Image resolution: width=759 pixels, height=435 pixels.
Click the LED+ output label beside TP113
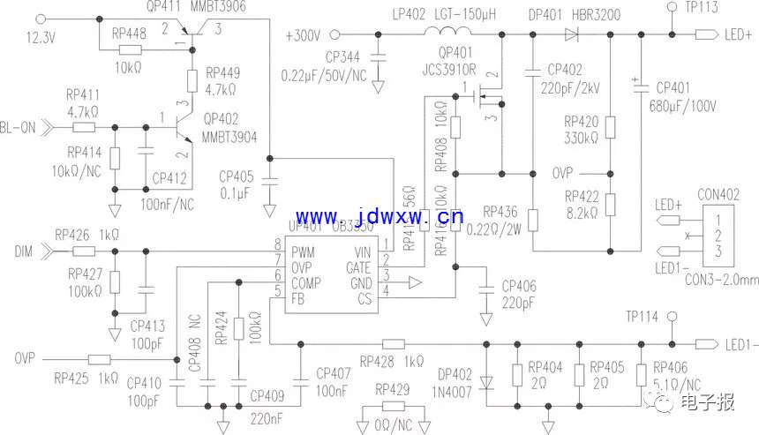point(738,35)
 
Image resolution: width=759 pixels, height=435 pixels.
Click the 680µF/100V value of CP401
point(686,106)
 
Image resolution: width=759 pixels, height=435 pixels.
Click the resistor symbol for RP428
point(394,343)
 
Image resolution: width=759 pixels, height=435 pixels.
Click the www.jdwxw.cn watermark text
point(379,218)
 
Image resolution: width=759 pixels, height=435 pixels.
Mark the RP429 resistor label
point(393,388)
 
